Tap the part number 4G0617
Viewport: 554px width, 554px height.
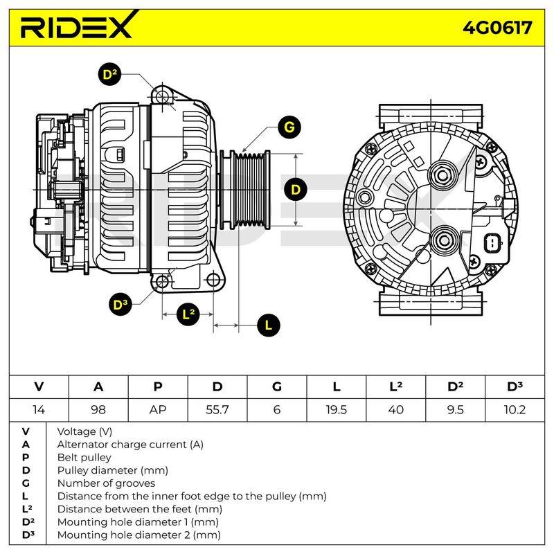pyautogui.click(x=497, y=28)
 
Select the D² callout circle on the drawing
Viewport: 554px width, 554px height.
pyautogui.click(x=109, y=75)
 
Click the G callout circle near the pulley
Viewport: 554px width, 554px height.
pyautogui.click(x=289, y=127)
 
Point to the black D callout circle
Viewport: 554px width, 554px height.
pyautogui.click(x=296, y=190)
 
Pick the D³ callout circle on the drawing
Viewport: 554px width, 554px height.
pyautogui.click(x=120, y=305)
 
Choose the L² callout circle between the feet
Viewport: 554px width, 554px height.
pyautogui.click(x=188, y=314)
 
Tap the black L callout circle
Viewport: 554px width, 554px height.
pyautogui.click(x=269, y=325)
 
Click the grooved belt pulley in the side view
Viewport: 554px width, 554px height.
pyautogui.click(x=250, y=190)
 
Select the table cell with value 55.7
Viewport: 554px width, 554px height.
pyautogui.click(x=217, y=410)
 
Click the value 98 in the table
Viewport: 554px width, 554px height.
pyautogui.click(x=98, y=410)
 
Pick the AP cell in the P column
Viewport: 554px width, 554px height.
pyautogui.click(x=158, y=410)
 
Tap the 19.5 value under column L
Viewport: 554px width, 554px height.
pyautogui.click(x=337, y=410)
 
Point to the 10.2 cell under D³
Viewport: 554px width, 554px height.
pyautogui.click(x=515, y=410)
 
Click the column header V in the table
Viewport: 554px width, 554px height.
pyautogui.click(x=39, y=387)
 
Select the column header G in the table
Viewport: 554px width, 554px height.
pyautogui.click(x=277, y=387)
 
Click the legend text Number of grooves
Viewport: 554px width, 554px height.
pyautogui.click(x=106, y=483)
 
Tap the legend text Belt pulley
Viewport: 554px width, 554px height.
pyautogui.click(x=84, y=457)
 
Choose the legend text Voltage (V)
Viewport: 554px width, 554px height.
pyautogui.click(x=84, y=431)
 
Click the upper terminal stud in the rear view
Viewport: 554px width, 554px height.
pyautogui.click(x=443, y=175)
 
